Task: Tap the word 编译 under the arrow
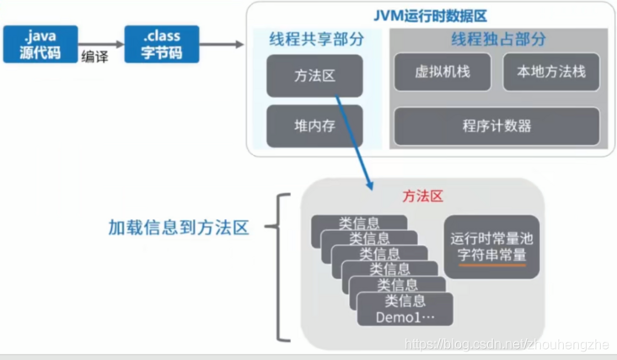click(x=94, y=56)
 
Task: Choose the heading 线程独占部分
click(x=497, y=39)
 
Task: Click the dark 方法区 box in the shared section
click(x=314, y=75)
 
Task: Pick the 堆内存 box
click(x=314, y=126)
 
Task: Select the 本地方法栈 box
click(x=551, y=73)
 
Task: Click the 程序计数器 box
click(x=496, y=126)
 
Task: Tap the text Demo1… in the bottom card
click(x=404, y=317)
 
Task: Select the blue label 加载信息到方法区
click(x=179, y=228)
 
